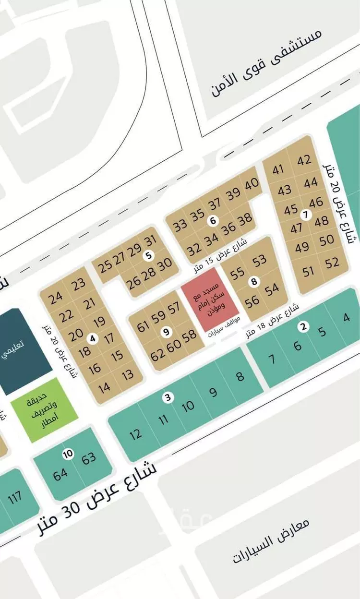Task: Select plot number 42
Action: (x=304, y=160)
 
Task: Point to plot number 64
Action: (x=60, y=475)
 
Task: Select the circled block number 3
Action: (x=167, y=397)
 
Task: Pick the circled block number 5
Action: (x=149, y=256)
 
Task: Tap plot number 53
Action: (x=259, y=261)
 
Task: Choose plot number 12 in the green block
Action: (x=136, y=434)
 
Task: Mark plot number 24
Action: (x=56, y=297)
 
